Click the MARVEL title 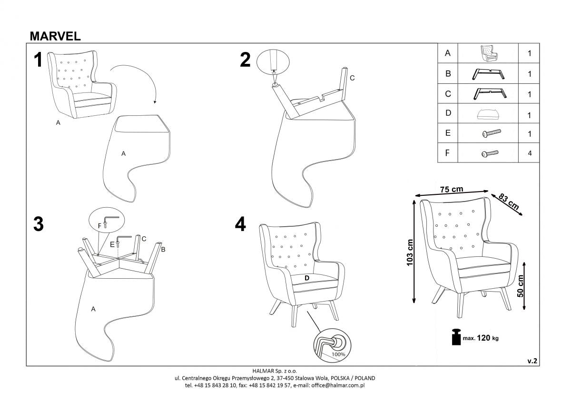click(55, 36)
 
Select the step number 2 click(245, 60)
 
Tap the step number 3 click(39, 224)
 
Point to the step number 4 click(241, 224)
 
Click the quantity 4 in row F click(529, 153)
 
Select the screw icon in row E click(490, 134)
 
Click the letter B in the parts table click(448, 74)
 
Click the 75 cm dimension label click(451, 190)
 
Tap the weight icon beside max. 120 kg click(456, 337)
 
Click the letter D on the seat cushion click(307, 278)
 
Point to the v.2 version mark click(532, 361)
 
